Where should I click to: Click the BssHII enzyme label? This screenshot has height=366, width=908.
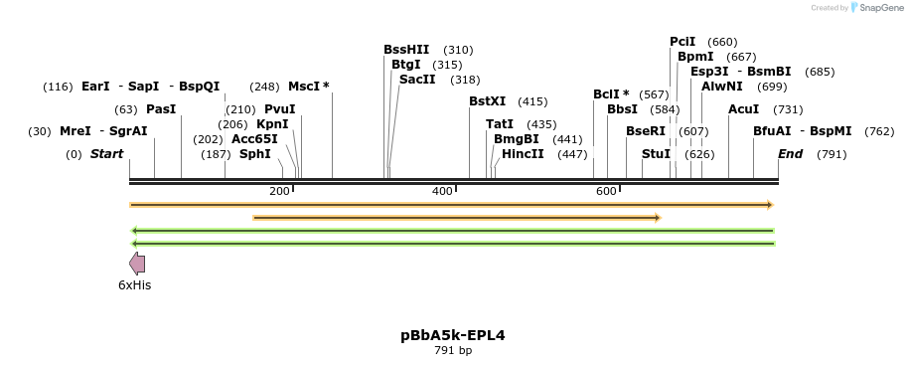[406, 50]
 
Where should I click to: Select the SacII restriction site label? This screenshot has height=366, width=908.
[417, 80]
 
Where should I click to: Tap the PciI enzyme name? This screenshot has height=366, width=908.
[682, 42]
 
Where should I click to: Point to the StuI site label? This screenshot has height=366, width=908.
[656, 154]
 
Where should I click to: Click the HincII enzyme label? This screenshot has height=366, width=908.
[523, 154]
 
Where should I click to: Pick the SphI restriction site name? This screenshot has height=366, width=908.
[254, 154]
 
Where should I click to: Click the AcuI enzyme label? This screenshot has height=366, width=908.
[743, 109]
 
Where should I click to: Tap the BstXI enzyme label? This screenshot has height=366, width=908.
[487, 101]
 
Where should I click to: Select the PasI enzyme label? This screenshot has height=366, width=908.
[161, 109]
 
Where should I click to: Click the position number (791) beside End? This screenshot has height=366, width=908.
[832, 154]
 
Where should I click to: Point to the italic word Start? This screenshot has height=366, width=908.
[106, 154]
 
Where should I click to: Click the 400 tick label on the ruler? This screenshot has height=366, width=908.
[442, 191]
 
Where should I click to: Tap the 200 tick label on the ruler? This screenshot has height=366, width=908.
[279, 191]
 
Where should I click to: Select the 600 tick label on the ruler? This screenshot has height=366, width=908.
[605, 191]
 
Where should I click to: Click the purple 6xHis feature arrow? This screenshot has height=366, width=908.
[137, 264]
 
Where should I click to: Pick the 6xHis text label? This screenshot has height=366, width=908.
[135, 285]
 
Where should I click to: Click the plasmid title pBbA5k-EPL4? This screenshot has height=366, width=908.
[453, 335]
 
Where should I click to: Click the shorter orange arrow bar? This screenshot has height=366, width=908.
[457, 217]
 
